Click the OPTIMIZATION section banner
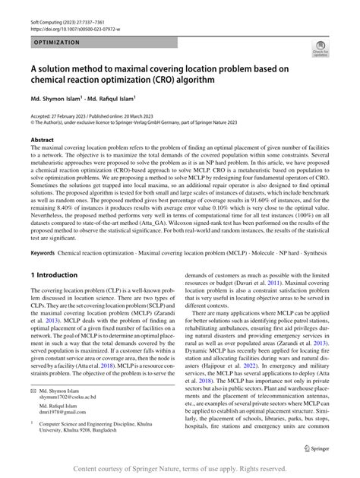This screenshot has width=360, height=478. click(x=61, y=43)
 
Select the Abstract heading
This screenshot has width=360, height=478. click(x=42, y=141)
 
